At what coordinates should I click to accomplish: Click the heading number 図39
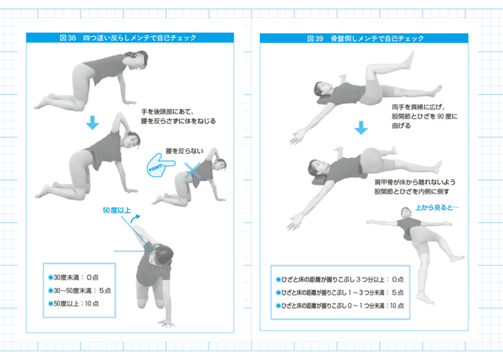click(x=315, y=38)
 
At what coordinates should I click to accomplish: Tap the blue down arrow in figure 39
click(x=361, y=128)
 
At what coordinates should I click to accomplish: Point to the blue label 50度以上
click(x=116, y=211)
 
